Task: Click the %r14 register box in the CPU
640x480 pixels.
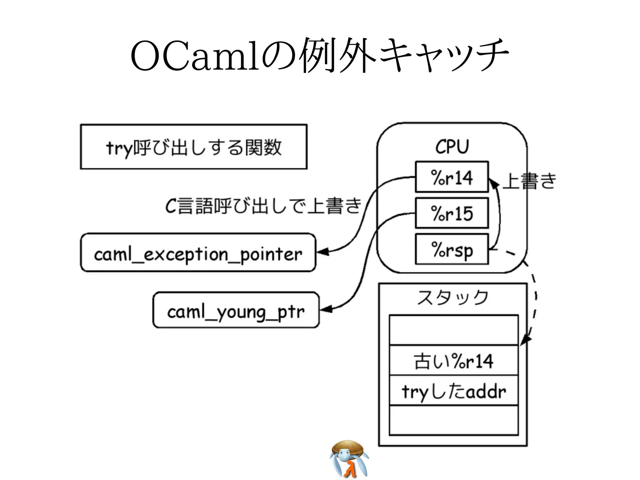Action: tap(452, 177)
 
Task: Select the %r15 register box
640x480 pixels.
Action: tap(452, 213)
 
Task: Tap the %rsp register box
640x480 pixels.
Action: tap(452, 249)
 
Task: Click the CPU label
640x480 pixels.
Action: tap(452, 146)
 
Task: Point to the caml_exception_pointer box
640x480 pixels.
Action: tap(198, 253)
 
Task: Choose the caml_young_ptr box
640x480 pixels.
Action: tap(236, 310)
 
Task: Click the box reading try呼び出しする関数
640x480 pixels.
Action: tap(194, 147)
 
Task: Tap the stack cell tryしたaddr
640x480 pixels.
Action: tap(453, 391)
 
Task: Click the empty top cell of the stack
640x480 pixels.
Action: tap(453, 330)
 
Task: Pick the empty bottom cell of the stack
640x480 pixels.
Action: tap(453, 420)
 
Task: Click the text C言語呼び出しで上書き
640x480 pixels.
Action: tap(263, 206)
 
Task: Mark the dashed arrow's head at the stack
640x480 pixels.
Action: tap(526, 340)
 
